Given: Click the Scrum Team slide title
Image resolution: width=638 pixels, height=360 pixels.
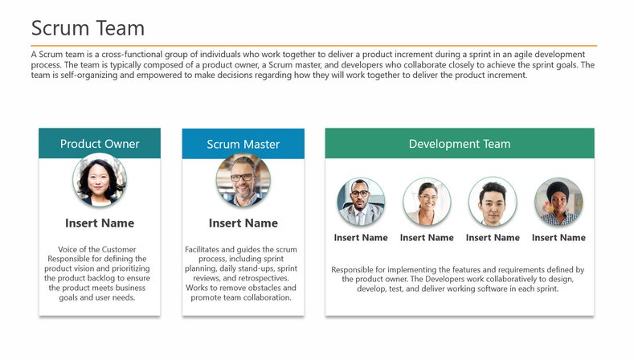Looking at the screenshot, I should point(88,28).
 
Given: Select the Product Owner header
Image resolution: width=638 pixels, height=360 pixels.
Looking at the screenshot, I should point(100,144).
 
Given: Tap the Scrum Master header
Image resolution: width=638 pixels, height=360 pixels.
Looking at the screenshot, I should point(243,145).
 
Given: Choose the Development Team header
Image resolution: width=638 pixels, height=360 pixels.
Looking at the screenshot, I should point(459,144).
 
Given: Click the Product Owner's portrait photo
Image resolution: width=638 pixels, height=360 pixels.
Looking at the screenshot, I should point(100,181).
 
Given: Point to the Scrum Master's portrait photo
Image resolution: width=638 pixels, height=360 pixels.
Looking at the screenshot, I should point(243,181).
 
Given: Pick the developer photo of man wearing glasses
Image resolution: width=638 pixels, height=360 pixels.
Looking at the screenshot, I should point(361,202).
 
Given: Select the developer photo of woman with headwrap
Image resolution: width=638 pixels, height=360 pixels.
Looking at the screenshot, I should point(558,202).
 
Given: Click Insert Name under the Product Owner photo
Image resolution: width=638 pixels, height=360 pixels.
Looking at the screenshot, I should point(100,223).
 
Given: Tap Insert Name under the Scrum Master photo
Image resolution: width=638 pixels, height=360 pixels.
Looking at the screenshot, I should point(243,223).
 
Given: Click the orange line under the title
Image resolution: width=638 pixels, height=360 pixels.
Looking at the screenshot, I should point(313,45).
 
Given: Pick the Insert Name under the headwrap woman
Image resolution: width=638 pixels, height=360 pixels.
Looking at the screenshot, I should point(558,238).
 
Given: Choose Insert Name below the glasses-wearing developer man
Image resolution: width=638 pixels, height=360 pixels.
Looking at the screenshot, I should point(361,238).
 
